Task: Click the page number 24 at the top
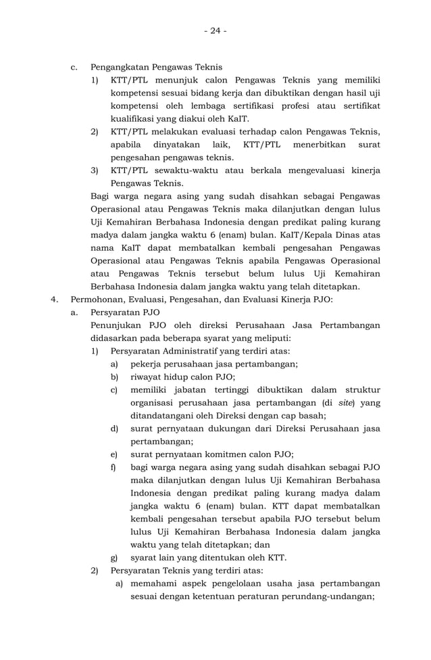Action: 215,30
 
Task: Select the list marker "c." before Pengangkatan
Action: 74,68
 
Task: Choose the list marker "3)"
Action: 95,170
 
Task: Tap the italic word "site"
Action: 343,403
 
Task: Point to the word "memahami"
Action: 155,584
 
